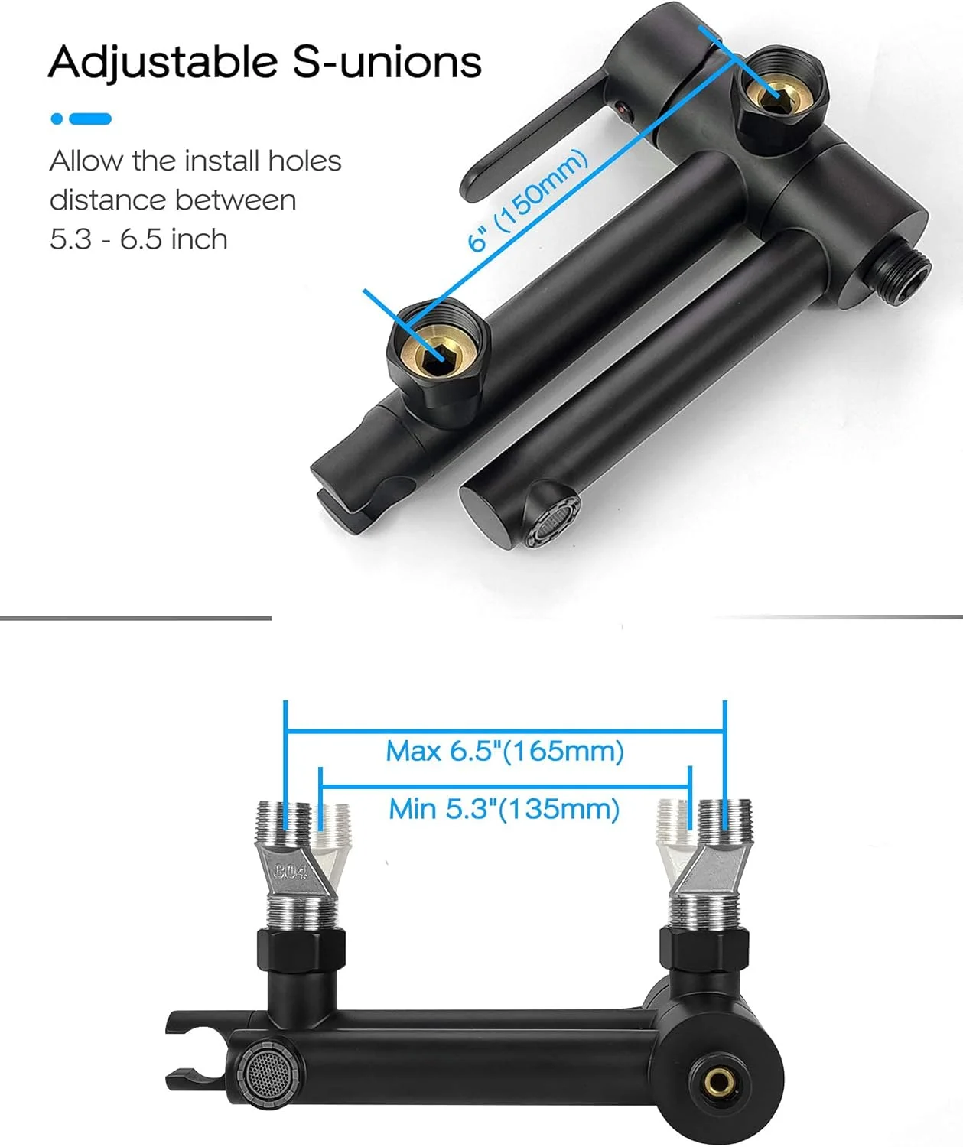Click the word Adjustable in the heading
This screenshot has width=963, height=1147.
[163, 63]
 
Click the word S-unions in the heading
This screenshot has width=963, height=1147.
[387, 61]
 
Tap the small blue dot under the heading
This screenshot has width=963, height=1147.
[56, 119]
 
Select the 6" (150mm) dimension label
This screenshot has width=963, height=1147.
[528, 201]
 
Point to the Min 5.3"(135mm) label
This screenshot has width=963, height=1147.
[504, 809]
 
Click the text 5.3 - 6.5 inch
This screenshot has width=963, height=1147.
[138, 239]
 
